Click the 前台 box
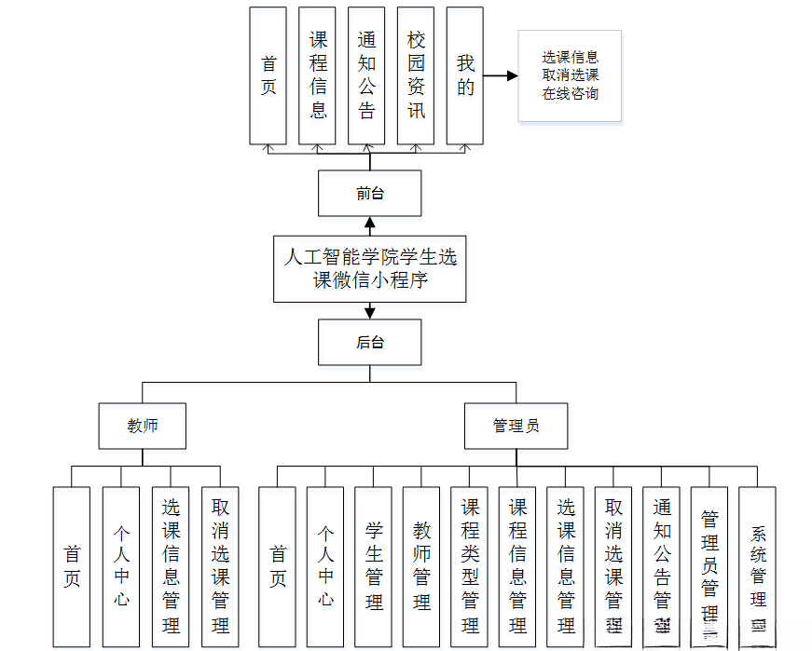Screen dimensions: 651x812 pos(369,194)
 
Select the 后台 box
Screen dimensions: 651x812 pos(369,342)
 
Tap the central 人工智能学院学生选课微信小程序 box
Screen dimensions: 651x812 pos(369,268)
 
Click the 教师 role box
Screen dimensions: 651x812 pos(143,426)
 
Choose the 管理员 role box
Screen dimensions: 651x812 pos(516,426)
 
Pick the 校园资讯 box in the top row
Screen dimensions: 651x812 pos(416,75)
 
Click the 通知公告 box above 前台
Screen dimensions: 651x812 pos(366,75)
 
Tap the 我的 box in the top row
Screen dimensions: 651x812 pos(465,75)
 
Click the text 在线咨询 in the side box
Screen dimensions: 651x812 pos(571,93)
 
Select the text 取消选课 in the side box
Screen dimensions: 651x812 pos(571,75)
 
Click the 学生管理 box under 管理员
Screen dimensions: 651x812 pos(374,566)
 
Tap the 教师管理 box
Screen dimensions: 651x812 pos(421,566)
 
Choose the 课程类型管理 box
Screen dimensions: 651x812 pos(470,566)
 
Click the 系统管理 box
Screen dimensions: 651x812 pos(758,566)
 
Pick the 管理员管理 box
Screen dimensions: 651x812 pos(709,566)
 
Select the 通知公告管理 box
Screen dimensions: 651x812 pos(662,566)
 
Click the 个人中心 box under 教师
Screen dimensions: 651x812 pos(121,566)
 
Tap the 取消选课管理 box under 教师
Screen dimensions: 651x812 pos(220,566)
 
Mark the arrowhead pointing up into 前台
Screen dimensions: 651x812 pos(369,223)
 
